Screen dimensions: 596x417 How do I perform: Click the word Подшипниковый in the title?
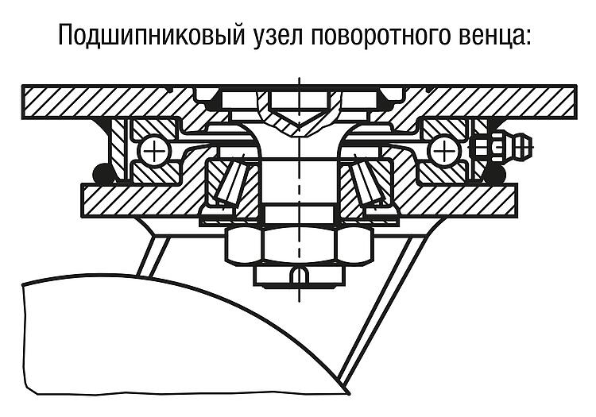click(150, 35)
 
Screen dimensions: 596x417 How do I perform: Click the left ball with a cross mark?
click(154, 152)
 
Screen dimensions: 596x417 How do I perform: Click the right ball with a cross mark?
click(442, 152)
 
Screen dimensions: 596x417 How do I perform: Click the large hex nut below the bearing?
click(299, 245)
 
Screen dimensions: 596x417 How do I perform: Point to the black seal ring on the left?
click(103, 174)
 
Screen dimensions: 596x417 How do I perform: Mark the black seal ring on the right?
click(493, 174)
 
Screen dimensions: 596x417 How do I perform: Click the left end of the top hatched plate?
click(24, 102)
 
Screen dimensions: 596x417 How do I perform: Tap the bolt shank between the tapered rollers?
click(299, 182)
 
